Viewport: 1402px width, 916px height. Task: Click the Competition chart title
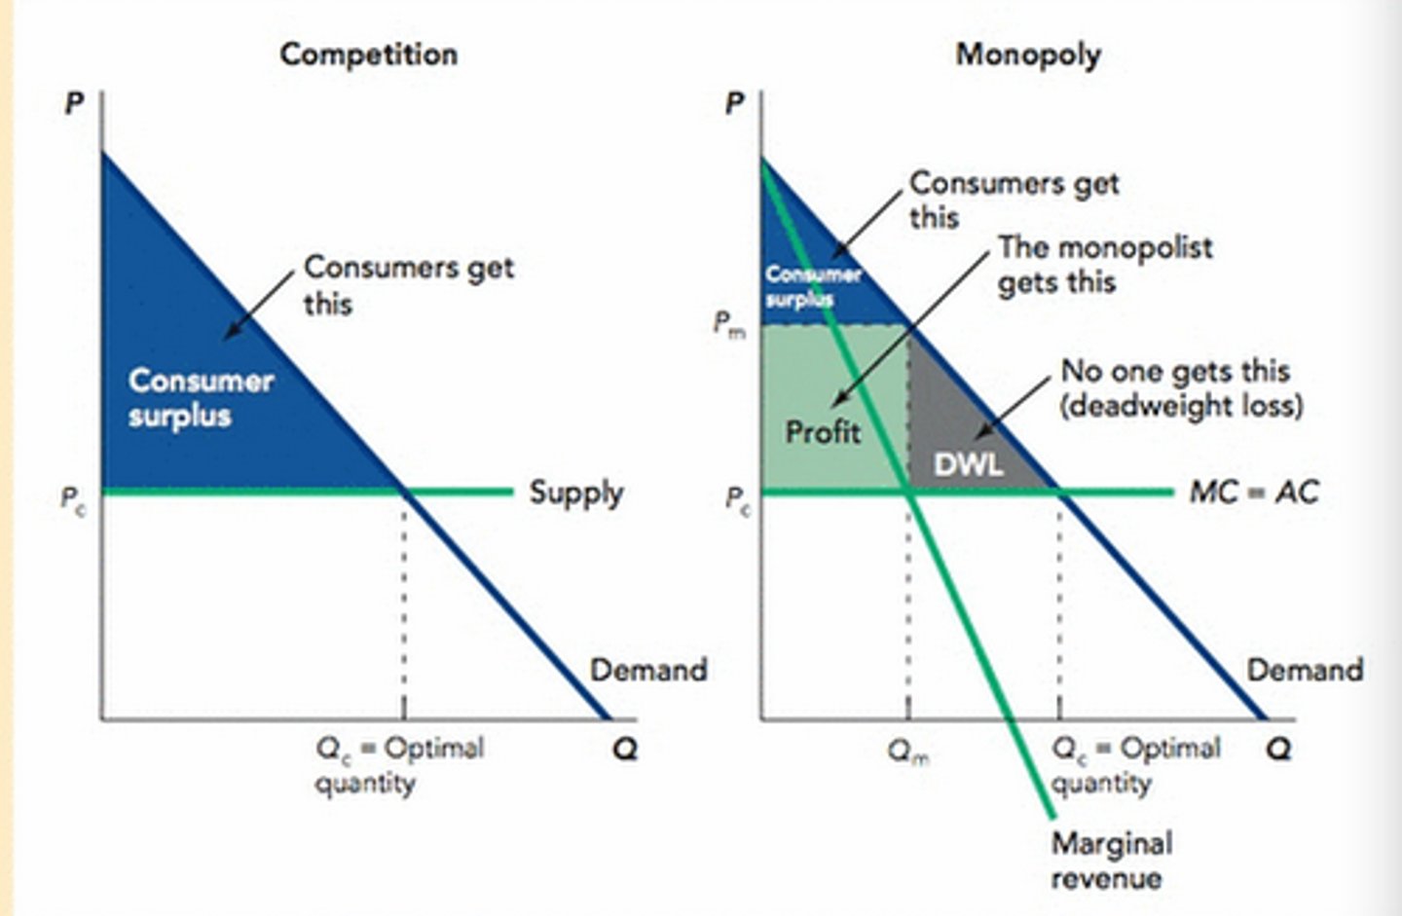pyautogui.click(x=368, y=54)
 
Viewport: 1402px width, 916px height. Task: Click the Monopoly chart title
pyautogui.click(x=1027, y=54)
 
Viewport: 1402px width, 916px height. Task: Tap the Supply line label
pyautogui.click(x=575, y=493)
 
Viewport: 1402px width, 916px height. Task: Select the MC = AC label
pyautogui.click(x=1254, y=492)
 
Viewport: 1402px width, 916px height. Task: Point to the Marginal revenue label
pyautogui.click(x=1110, y=861)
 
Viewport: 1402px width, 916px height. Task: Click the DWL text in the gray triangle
pyautogui.click(x=968, y=464)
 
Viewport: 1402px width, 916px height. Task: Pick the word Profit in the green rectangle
pyautogui.click(x=823, y=430)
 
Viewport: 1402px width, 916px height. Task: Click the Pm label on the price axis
pyautogui.click(x=729, y=323)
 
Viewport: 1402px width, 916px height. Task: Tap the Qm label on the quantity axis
pyautogui.click(x=908, y=751)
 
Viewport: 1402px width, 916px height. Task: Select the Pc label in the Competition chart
pyautogui.click(x=73, y=500)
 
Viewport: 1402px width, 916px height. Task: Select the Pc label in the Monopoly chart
pyautogui.click(x=738, y=500)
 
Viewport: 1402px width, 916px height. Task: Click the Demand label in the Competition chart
pyautogui.click(x=647, y=670)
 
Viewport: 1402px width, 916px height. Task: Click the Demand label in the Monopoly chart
pyautogui.click(x=1305, y=670)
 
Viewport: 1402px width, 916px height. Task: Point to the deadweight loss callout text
pyautogui.click(x=1180, y=387)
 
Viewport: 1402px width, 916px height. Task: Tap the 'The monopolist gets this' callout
pyautogui.click(x=1104, y=265)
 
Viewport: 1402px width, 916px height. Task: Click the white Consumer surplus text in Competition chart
pyautogui.click(x=200, y=397)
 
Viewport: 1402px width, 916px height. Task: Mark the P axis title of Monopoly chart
pyautogui.click(x=736, y=103)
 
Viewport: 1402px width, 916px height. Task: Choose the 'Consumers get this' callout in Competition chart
pyautogui.click(x=408, y=284)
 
